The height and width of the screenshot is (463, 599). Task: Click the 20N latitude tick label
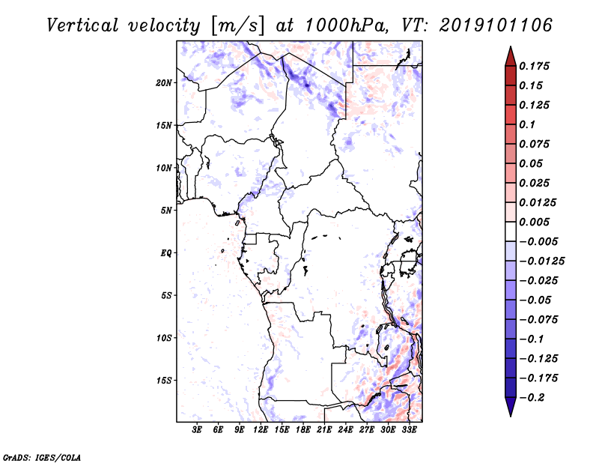(x=164, y=83)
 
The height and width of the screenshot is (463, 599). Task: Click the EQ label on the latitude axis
(x=166, y=253)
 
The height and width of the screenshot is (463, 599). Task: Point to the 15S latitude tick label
(x=164, y=381)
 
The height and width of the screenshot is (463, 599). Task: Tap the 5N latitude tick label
(x=166, y=211)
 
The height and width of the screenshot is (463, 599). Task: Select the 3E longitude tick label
(x=197, y=429)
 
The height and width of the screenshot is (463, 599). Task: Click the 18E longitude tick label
(x=302, y=429)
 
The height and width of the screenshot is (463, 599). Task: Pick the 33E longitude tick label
(x=409, y=429)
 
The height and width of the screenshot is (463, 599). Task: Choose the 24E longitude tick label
(x=345, y=429)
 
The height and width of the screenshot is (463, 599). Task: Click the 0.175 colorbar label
(x=535, y=66)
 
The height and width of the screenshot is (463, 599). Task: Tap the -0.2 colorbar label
(x=532, y=398)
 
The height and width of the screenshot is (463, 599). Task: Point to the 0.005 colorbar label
(x=535, y=222)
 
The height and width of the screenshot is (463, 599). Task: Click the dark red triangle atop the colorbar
(x=511, y=57)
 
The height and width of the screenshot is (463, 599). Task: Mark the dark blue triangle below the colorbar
(x=511, y=406)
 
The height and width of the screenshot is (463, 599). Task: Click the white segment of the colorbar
(x=511, y=231)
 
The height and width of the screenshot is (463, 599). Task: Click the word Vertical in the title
(x=82, y=25)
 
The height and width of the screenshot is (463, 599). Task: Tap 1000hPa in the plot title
(x=346, y=25)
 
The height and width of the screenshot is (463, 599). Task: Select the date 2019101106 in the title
(x=496, y=25)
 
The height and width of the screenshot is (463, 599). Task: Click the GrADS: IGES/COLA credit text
(x=42, y=458)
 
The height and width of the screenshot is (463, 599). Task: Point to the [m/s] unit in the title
(x=237, y=26)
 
